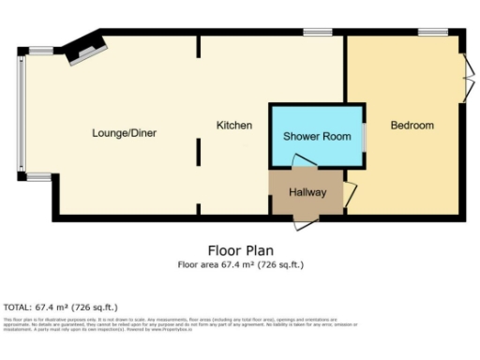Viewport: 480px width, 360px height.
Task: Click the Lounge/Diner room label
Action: coord(124,133)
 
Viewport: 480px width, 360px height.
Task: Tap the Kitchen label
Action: coord(233,126)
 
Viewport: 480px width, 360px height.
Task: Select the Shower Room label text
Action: coord(318,137)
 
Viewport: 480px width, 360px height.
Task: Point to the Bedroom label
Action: coord(412,126)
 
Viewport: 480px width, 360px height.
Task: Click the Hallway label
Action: coord(307,193)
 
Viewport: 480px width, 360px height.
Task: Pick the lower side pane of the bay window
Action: coord(40,174)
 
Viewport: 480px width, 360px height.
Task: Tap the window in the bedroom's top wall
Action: coord(432,33)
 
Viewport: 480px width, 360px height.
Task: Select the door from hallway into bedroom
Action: coord(351,194)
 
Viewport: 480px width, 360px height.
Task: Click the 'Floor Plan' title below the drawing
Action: coord(240,251)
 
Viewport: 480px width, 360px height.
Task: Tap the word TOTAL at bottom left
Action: coord(17,307)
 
